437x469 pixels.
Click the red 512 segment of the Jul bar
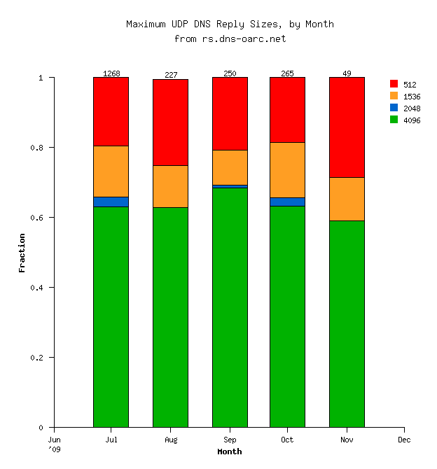point(111,111)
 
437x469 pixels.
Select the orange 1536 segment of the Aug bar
point(170,186)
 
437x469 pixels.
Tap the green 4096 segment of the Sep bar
point(230,307)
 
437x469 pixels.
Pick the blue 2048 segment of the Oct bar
point(287,202)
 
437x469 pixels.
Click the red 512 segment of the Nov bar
point(347,127)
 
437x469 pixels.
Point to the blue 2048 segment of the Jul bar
point(111,202)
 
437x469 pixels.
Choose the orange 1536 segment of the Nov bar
point(347,199)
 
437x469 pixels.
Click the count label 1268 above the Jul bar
point(111,73)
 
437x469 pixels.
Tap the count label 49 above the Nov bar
point(347,73)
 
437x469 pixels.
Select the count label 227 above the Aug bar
point(170,75)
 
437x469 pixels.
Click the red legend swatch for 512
point(394,84)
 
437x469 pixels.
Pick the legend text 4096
point(412,120)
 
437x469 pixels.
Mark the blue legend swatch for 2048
point(394,108)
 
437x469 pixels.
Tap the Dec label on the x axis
point(404,440)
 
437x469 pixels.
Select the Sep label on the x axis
point(230,440)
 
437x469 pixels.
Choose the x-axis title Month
point(230,451)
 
